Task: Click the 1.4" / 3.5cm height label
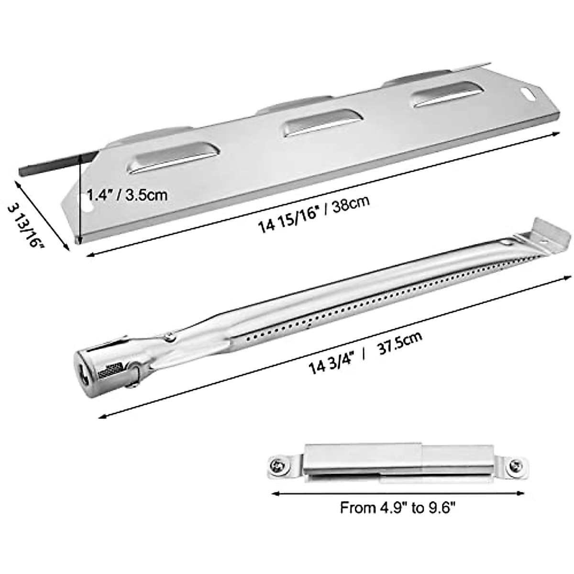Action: pos(126,195)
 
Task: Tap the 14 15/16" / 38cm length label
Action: pos(314,213)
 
